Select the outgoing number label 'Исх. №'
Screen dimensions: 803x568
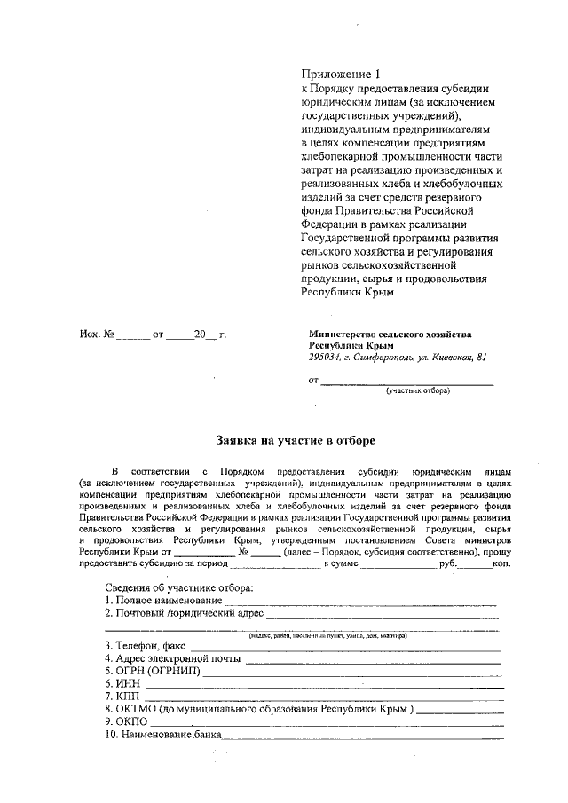click(98, 335)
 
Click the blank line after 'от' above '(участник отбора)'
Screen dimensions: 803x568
click(406, 382)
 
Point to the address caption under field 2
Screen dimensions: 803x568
click(327, 635)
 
